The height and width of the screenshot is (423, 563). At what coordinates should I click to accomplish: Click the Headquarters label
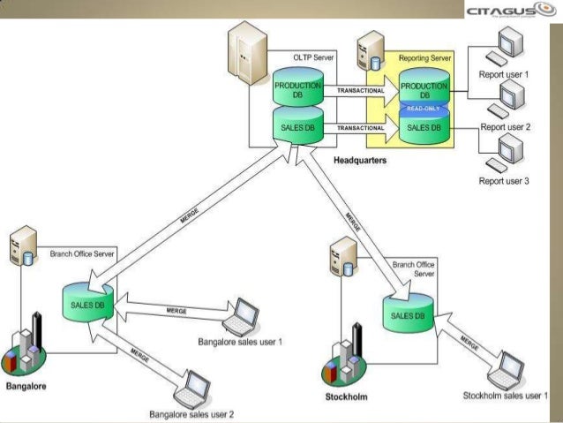pos(359,161)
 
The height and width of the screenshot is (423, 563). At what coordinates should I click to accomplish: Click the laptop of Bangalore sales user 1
pos(242,314)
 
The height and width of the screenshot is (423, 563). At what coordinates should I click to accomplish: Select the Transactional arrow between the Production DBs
pos(361,90)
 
